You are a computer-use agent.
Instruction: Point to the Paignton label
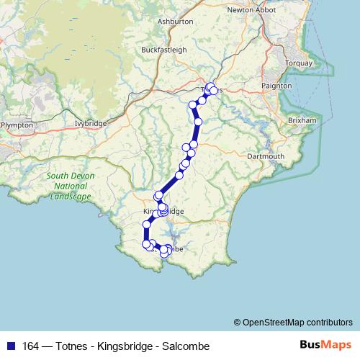(x=277, y=85)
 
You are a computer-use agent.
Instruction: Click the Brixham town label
(x=301, y=120)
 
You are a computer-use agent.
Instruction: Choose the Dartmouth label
(x=266, y=156)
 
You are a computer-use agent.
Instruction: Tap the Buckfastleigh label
(x=164, y=50)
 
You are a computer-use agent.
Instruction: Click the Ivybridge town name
(x=91, y=123)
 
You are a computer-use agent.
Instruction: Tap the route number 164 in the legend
(x=31, y=346)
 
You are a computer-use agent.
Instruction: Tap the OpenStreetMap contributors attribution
(x=293, y=323)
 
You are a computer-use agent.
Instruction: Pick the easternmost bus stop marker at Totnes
(x=214, y=91)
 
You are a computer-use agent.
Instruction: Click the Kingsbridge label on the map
(x=164, y=212)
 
